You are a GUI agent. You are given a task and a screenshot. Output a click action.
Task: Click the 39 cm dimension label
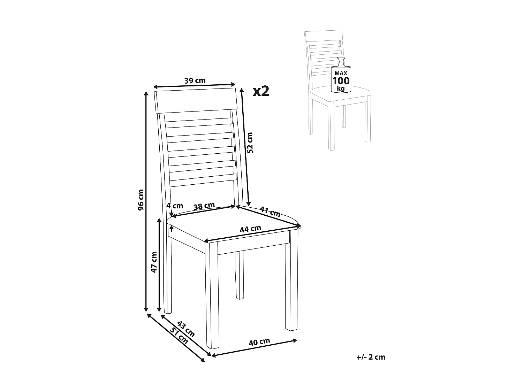click(195, 80)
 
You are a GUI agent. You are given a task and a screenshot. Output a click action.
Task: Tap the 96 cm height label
click(141, 200)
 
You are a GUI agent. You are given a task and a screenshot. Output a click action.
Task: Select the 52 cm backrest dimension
click(250, 143)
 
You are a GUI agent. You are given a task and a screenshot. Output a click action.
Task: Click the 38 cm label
click(204, 206)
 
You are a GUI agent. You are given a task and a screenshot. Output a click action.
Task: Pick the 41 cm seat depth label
click(270, 212)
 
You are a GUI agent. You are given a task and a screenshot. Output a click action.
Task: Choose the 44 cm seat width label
click(250, 229)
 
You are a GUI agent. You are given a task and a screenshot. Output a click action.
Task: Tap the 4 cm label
click(174, 205)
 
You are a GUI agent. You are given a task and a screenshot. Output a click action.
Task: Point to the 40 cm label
click(259, 342)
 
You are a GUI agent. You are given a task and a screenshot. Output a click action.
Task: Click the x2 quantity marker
click(261, 91)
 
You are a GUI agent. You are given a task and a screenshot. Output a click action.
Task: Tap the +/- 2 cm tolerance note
click(371, 357)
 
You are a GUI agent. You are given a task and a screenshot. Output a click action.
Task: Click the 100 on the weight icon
click(341, 81)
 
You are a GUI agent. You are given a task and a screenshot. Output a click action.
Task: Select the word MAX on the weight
click(341, 73)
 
